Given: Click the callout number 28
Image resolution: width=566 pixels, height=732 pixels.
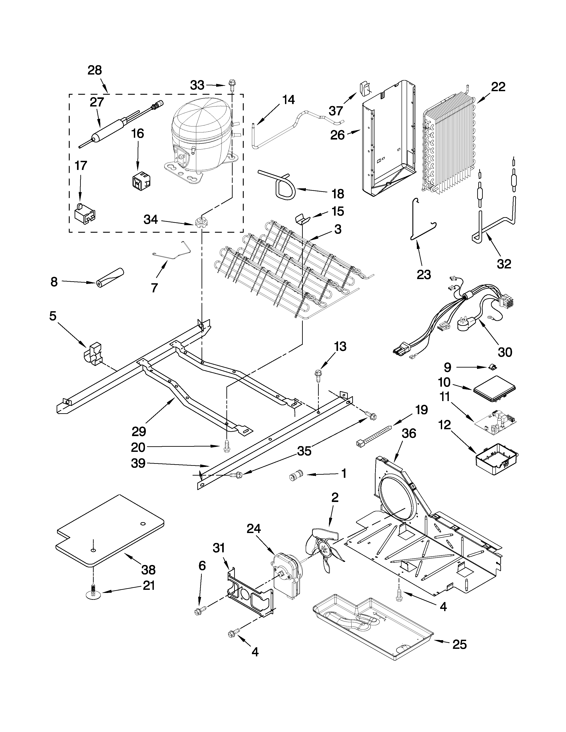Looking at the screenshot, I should tap(95, 70).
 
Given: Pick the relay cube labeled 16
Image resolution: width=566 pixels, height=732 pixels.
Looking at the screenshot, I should tap(140, 179).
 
